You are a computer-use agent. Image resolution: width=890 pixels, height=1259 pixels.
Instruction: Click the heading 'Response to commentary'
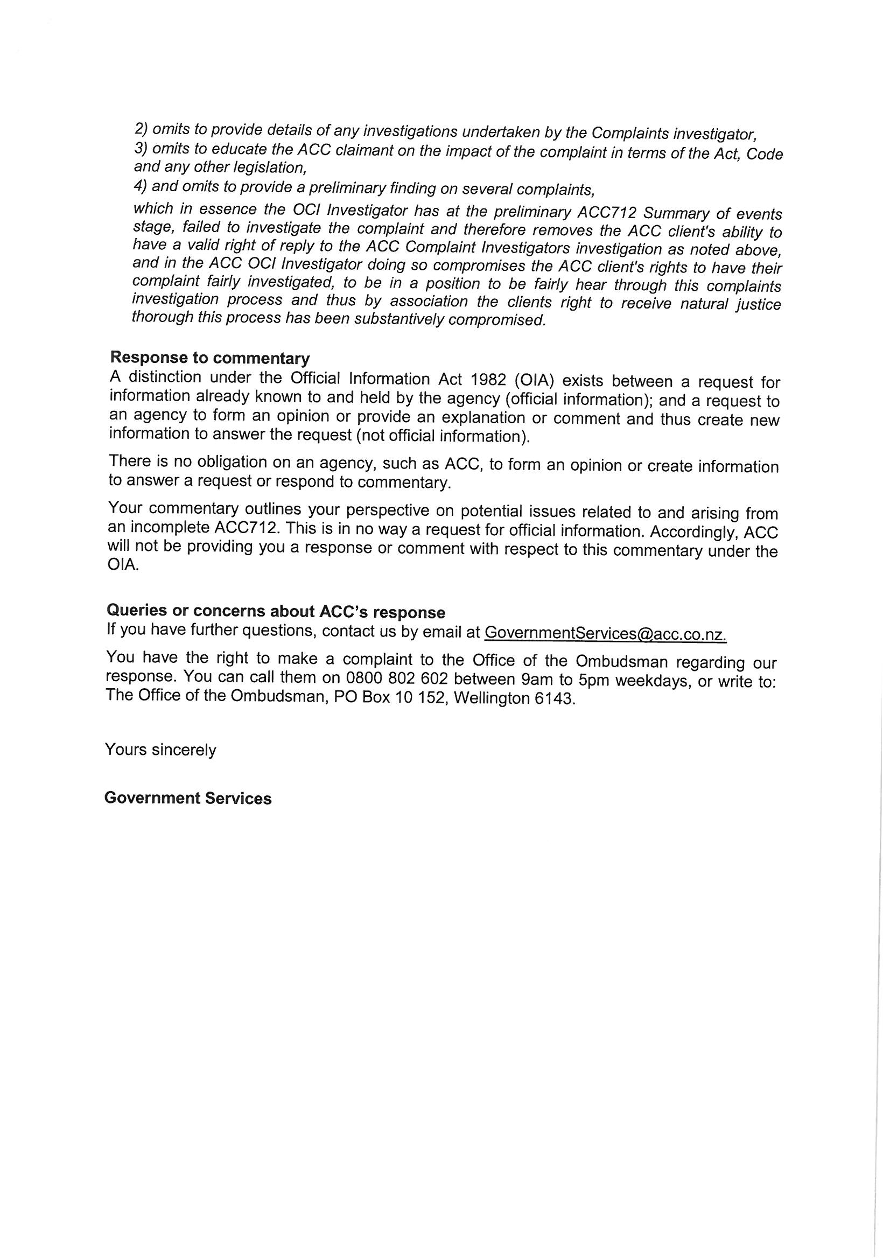(x=209, y=358)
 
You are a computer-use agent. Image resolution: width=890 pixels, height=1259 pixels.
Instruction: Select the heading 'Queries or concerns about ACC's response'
(x=275, y=611)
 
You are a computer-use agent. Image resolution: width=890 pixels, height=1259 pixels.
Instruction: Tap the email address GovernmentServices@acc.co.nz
(x=605, y=633)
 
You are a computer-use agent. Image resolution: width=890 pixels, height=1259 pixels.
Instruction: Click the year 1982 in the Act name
(x=487, y=380)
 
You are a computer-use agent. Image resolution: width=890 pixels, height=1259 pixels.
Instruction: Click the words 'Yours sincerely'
(x=160, y=750)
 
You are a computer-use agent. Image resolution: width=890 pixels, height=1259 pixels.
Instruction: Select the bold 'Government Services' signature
(x=187, y=799)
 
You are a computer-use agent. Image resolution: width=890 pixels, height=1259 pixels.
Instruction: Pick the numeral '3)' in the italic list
(x=141, y=148)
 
